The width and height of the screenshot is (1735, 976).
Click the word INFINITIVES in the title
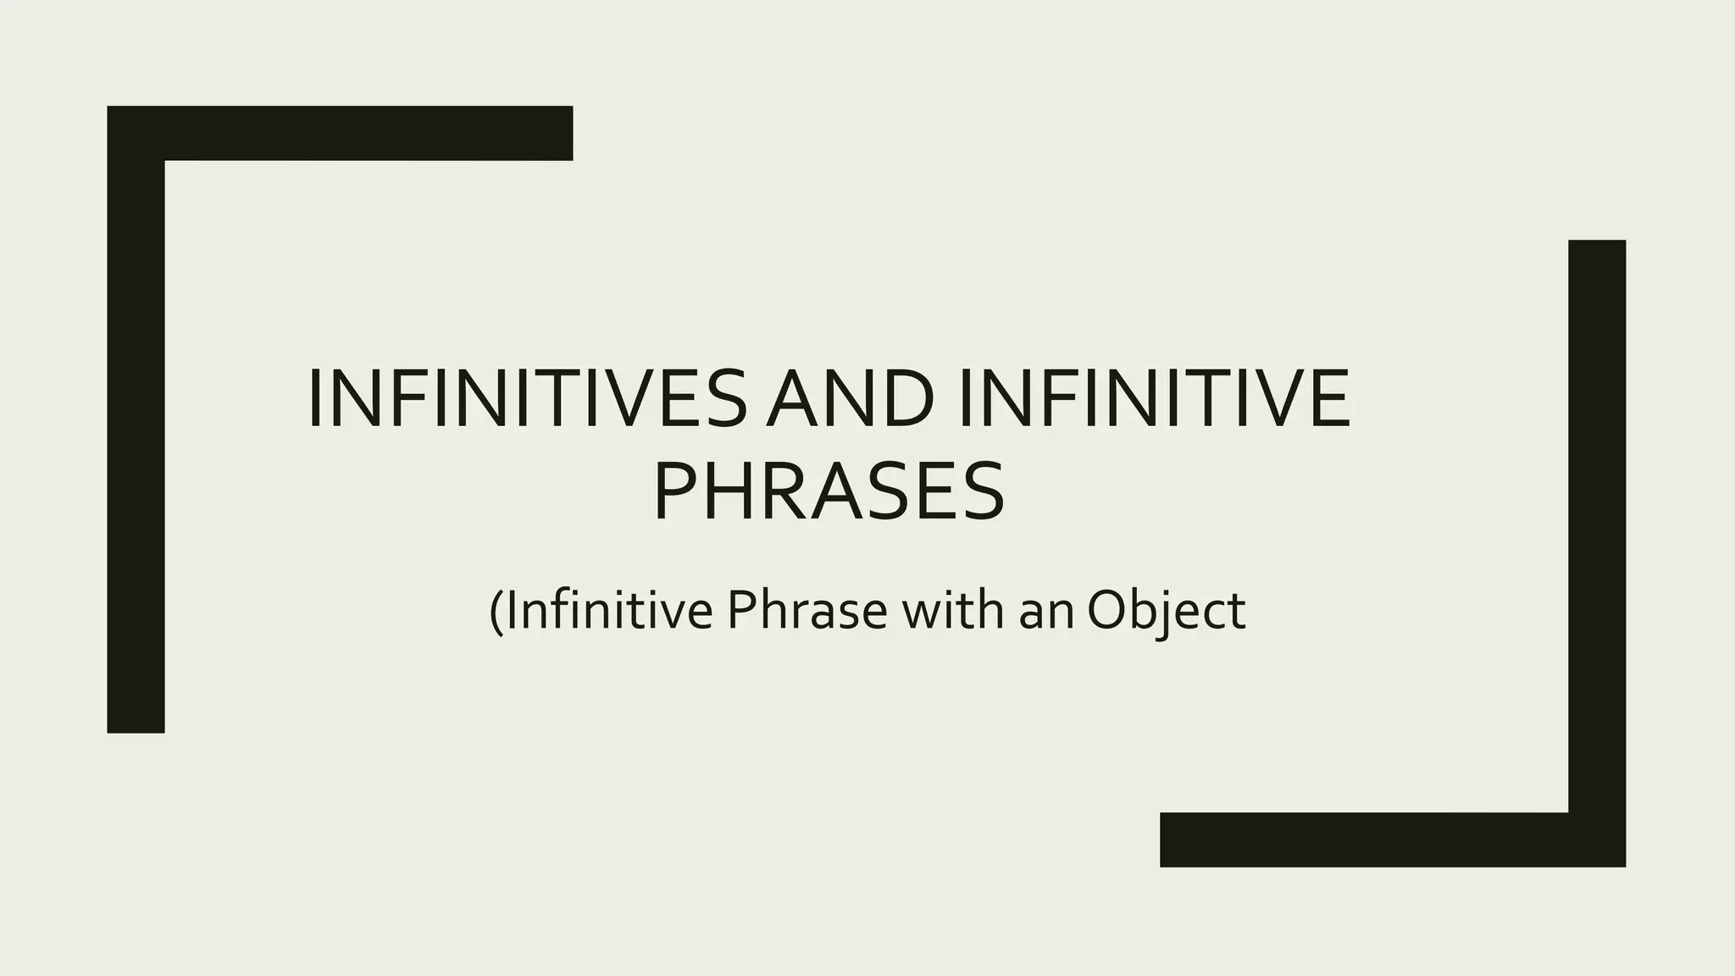(x=527, y=399)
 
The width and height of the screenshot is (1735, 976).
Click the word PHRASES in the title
(x=829, y=491)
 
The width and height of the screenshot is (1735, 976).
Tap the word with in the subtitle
(x=953, y=610)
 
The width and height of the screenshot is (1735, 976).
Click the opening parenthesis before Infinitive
(x=496, y=612)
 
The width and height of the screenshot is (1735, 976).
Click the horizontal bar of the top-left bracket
(x=364, y=133)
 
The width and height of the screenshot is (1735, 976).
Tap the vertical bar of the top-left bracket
(x=136, y=441)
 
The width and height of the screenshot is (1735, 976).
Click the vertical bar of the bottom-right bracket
(x=1597, y=525)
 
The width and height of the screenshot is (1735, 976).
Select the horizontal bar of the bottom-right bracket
(x=1364, y=840)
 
